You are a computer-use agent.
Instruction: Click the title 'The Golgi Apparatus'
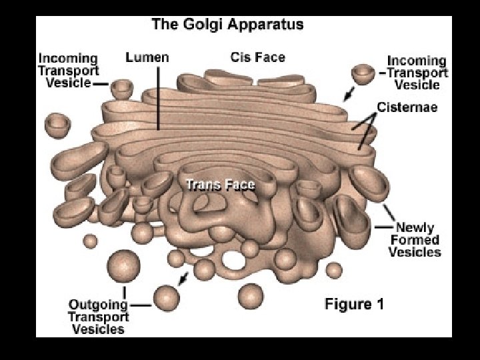pyautogui.click(x=227, y=25)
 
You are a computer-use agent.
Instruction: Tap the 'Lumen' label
pyautogui.click(x=147, y=57)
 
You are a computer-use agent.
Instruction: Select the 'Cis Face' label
pyautogui.click(x=257, y=57)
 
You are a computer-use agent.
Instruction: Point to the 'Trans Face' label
pyautogui.click(x=220, y=184)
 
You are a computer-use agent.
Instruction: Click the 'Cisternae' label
pyautogui.click(x=407, y=107)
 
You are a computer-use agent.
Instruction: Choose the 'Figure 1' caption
pyautogui.click(x=354, y=305)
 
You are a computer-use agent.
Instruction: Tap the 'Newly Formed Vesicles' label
pyautogui.click(x=414, y=240)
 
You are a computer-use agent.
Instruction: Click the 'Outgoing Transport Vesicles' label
pyautogui.click(x=98, y=316)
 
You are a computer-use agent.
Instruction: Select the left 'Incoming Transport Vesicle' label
pyautogui.click(x=68, y=71)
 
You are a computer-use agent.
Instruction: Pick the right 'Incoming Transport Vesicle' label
pyautogui.click(x=417, y=72)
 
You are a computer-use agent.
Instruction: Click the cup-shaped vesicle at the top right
pyautogui.click(x=363, y=73)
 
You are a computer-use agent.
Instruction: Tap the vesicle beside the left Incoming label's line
pyautogui.click(x=122, y=87)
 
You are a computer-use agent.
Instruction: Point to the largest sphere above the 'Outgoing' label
pyautogui.click(x=124, y=266)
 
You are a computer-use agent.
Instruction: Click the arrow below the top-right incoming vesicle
pyautogui.click(x=347, y=94)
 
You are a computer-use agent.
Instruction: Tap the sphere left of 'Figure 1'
pyautogui.click(x=251, y=295)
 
